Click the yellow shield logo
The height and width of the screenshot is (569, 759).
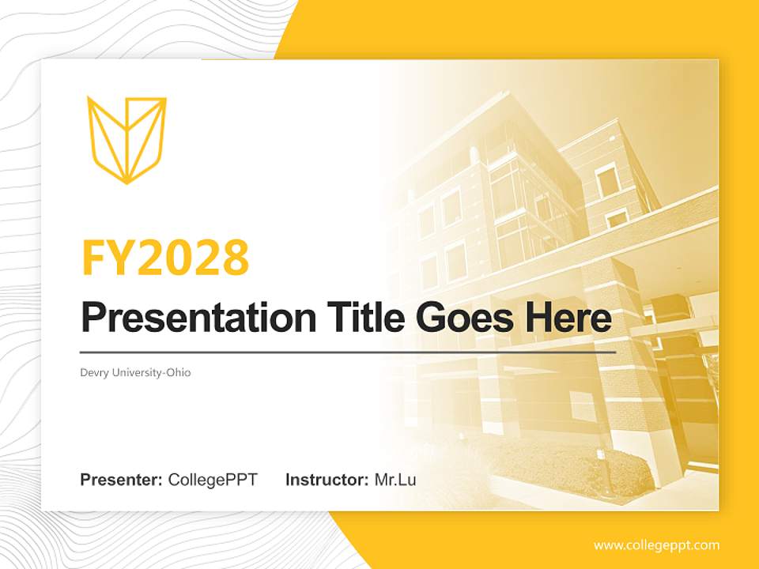[x=126, y=139]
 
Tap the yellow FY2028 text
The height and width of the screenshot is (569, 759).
[x=165, y=257]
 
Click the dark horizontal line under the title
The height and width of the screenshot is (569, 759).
[x=348, y=352]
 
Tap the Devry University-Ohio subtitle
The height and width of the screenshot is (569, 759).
[x=135, y=372]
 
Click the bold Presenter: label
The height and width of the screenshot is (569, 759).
[x=122, y=480]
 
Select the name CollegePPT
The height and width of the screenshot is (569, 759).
[x=213, y=480]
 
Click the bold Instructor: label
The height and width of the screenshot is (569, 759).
[x=327, y=480]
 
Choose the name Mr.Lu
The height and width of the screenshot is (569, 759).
[x=395, y=480]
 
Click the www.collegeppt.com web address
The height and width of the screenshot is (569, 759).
[x=656, y=545]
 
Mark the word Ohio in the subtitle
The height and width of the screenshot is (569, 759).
[x=178, y=372]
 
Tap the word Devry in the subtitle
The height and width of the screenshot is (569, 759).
[x=93, y=372]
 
